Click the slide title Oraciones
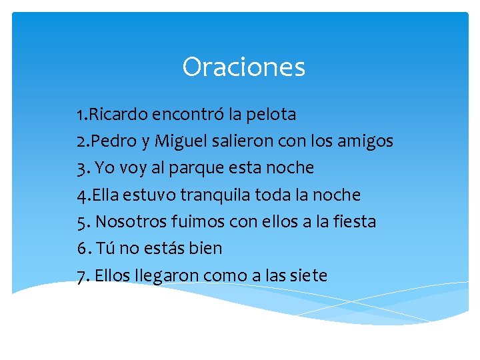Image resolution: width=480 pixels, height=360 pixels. tap(243, 67)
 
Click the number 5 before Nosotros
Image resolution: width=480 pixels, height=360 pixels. tap(81, 222)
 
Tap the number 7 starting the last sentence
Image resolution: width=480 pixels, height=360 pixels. tap(81, 275)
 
